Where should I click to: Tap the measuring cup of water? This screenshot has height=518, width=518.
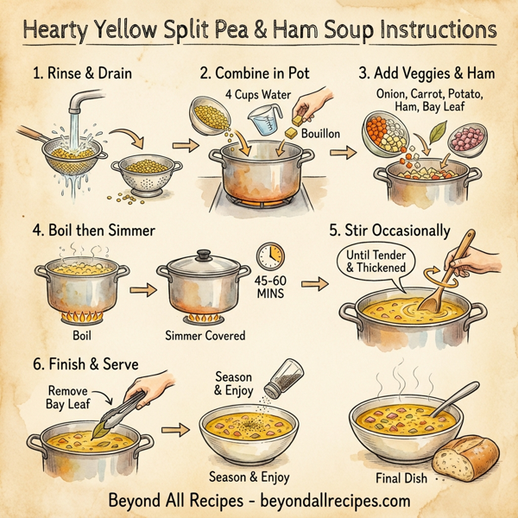pos(260,120)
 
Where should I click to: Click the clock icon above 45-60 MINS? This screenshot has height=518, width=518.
pos(271,256)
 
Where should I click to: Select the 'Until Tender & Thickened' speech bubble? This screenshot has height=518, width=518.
pos(376,262)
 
